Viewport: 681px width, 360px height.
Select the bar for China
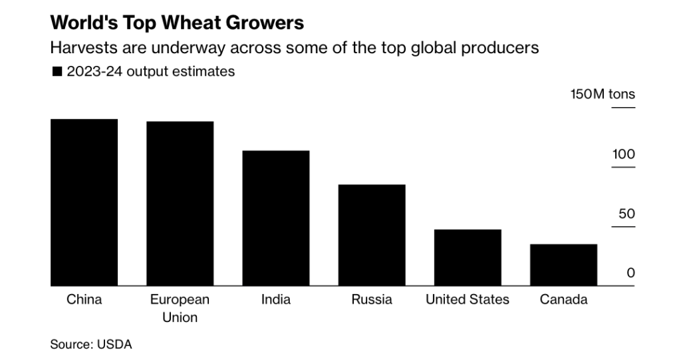click(x=84, y=202)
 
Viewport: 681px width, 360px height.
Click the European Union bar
click(x=180, y=204)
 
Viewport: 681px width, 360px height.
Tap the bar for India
click(x=276, y=218)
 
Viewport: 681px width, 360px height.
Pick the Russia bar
click(x=372, y=235)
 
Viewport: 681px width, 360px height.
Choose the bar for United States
click(x=468, y=258)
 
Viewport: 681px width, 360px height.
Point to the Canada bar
click(x=563, y=265)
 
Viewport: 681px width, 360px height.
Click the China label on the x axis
click(x=84, y=299)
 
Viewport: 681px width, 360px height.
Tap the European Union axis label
click(x=180, y=308)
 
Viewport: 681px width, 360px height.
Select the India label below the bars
click(x=276, y=299)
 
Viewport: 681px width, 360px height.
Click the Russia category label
click(x=372, y=299)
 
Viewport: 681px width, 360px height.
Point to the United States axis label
click(x=468, y=299)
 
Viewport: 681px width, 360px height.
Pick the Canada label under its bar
click(x=563, y=299)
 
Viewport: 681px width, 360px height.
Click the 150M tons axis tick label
click(x=603, y=94)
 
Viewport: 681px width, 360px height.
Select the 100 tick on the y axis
click(x=624, y=154)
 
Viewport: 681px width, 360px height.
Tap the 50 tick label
click(x=626, y=214)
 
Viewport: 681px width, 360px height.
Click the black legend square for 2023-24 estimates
click(x=57, y=72)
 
